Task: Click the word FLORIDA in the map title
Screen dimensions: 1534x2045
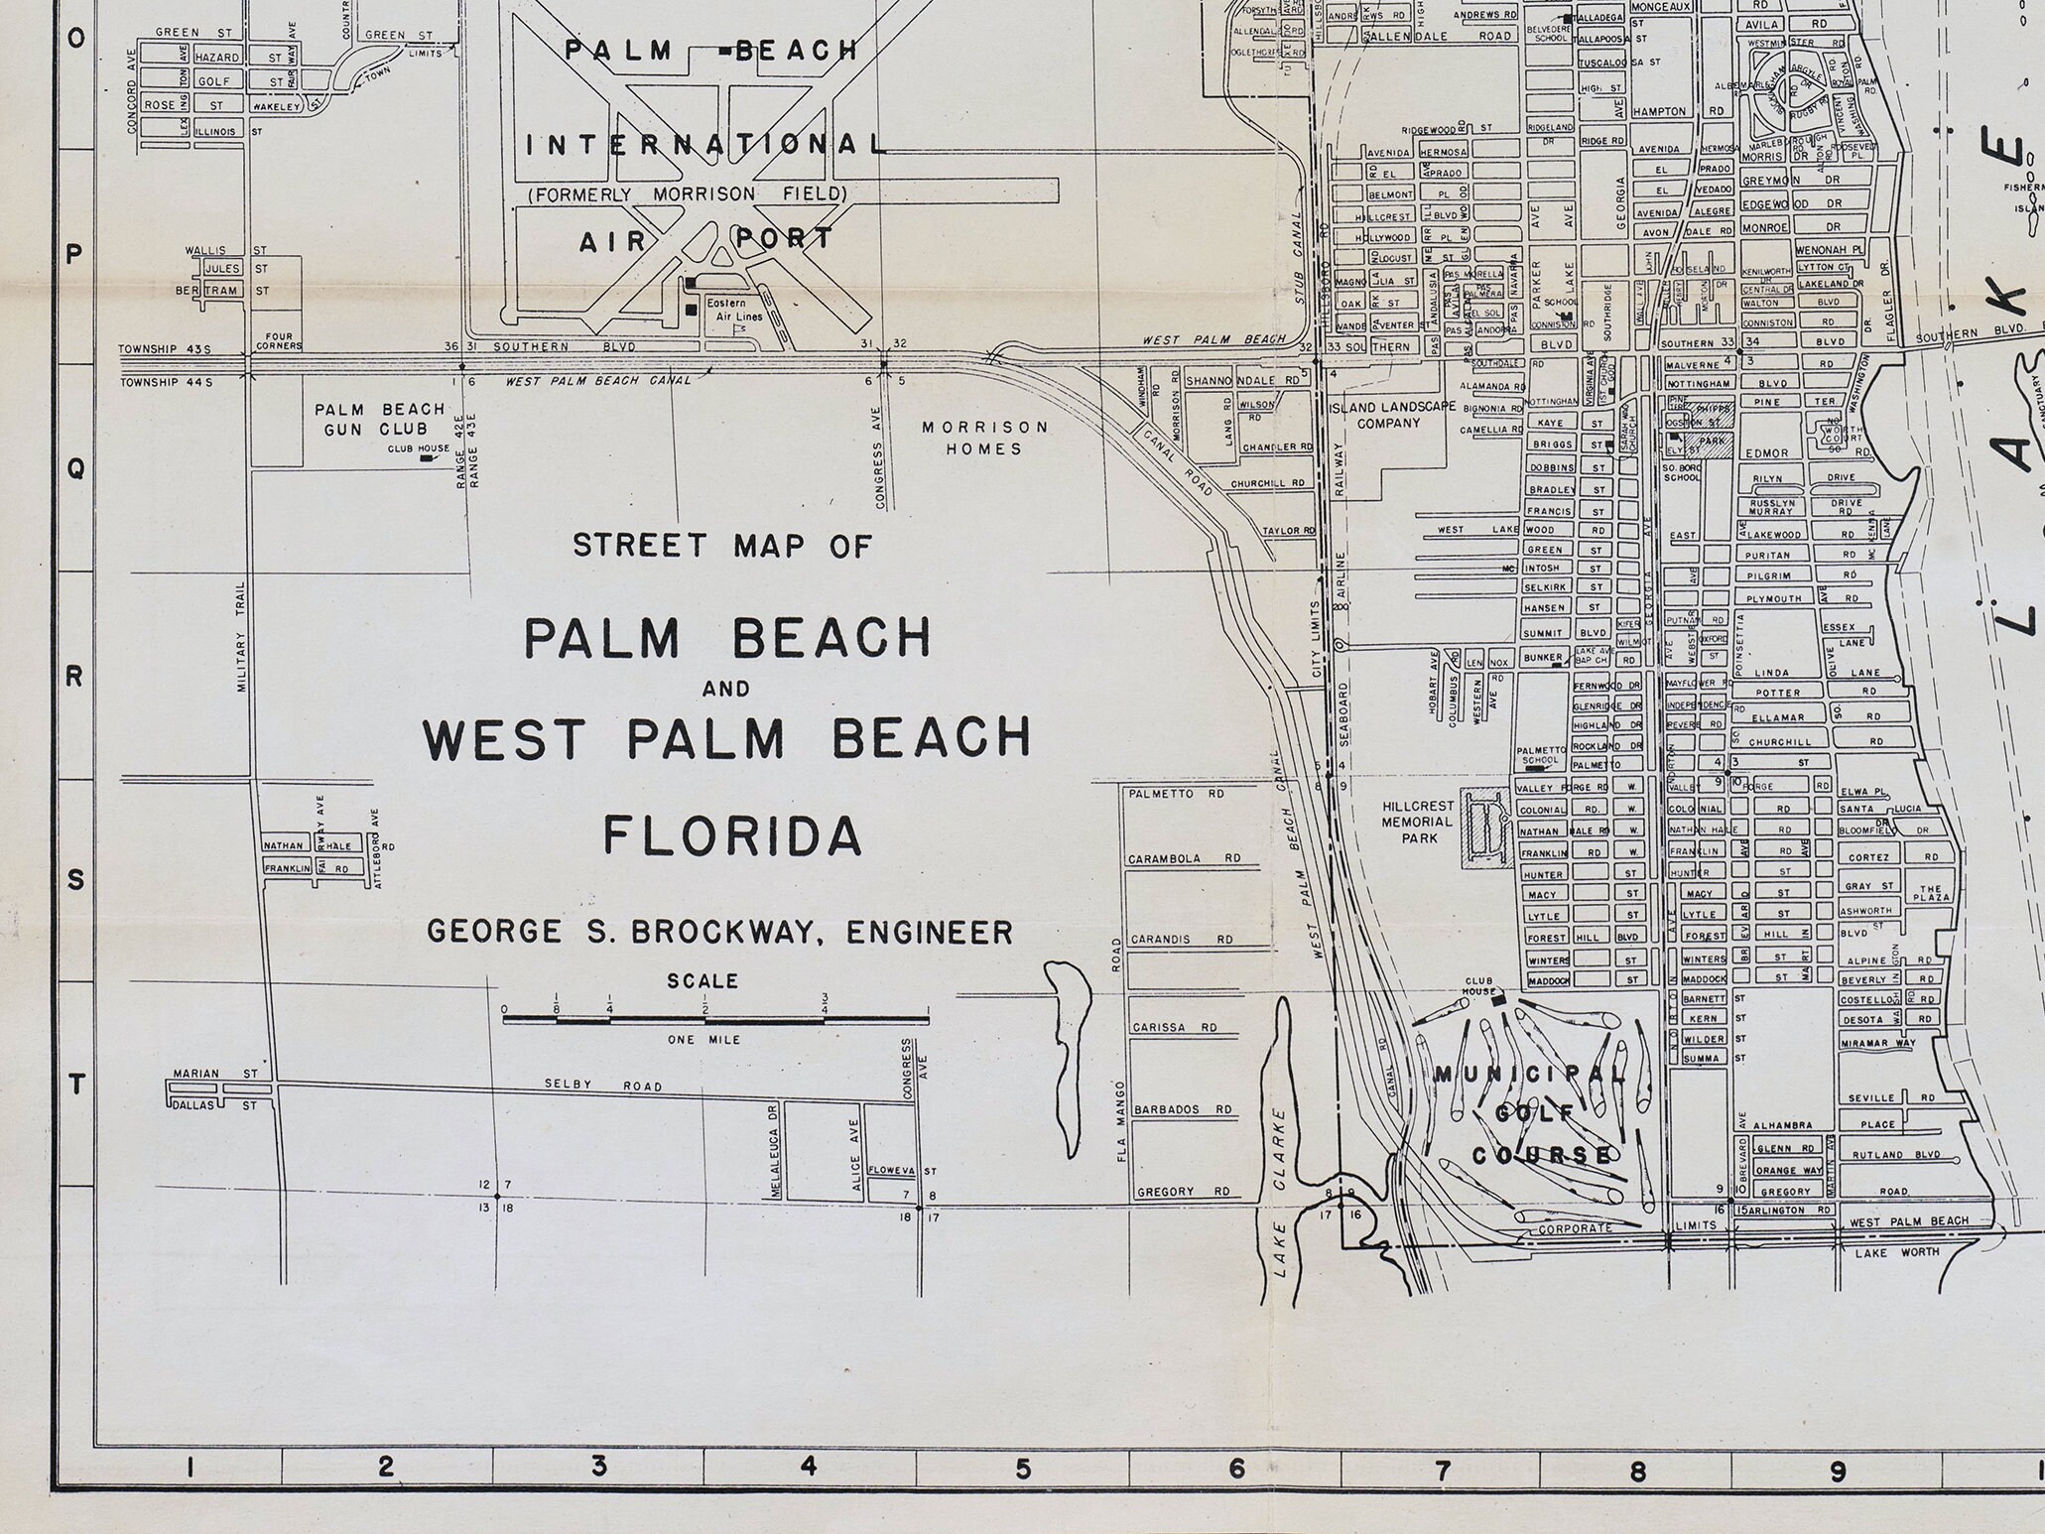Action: click(732, 834)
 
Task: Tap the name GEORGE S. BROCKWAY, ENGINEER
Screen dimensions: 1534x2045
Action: click(719, 933)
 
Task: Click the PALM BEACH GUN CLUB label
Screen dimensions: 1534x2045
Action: click(379, 419)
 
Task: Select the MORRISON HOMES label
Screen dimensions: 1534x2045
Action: click(984, 438)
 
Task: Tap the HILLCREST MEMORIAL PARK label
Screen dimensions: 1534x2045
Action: click(1418, 822)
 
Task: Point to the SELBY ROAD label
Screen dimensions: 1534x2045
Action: click(602, 1086)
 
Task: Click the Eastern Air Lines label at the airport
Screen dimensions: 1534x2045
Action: click(733, 311)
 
